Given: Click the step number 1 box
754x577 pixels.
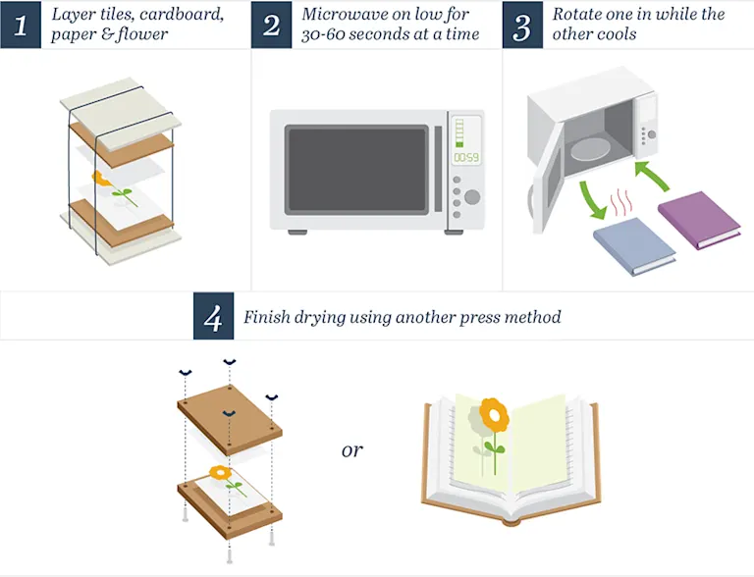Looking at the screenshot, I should pyautogui.click(x=21, y=26).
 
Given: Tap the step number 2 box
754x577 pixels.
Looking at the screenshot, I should pyautogui.click(x=272, y=26).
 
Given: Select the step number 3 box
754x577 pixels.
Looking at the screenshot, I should pyautogui.click(x=523, y=26).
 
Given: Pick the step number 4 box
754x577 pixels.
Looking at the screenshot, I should pyautogui.click(x=213, y=317).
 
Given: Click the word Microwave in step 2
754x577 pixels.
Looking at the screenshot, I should pyautogui.click(x=343, y=15).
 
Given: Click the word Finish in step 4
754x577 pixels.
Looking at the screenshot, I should pyautogui.click(x=268, y=317).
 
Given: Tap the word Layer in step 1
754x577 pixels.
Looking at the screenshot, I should pyautogui.click(x=75, y=15).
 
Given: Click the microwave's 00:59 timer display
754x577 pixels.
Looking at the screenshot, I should pyautogui.click(x=464, y=157).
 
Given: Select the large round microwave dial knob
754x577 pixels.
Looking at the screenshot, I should pyautogui.click(x=472, y=197).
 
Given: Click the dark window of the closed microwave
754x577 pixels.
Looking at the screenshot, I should pyautogui.click(x=356, y=169).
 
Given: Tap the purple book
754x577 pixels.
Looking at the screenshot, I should pyautogui.click(x=699, y=221).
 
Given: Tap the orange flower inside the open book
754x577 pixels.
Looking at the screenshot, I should pyautogui.click(x=496, y=415).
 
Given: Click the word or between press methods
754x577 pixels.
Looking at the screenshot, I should pyautogui.click(x=351, y=450).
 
